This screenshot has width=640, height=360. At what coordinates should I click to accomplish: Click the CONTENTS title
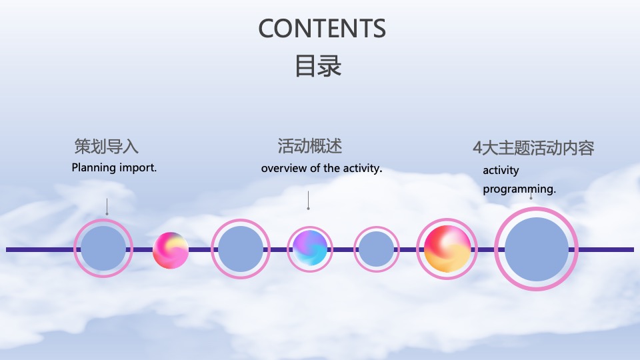[x=322, y=29]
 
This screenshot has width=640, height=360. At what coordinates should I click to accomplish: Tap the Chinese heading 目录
[x=318, y=67]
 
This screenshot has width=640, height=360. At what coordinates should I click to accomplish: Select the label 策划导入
[x=107, y=147]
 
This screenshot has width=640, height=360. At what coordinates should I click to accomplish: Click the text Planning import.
[x=114, y=167]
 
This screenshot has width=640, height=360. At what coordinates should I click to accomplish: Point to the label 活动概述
[x=309, y=146]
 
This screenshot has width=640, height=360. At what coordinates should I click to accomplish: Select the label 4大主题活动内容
[x=533, y=148]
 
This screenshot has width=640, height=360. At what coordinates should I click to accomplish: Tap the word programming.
[x=519, y=189]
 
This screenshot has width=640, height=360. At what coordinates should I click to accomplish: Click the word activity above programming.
[x=501, y=170]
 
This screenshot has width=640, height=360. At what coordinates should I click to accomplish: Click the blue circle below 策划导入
[x=103, y=249]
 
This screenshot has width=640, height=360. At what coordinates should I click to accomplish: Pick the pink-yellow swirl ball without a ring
[x=171, y=250]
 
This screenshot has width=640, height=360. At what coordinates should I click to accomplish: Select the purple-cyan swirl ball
[x=310, y=247]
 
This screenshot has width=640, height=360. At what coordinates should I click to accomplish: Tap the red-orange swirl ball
[x=447, y=249]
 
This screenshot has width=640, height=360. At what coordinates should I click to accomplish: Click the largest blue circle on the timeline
[x=536, y=249]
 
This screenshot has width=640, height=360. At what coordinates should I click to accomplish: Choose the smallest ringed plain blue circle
[x=376, y=249]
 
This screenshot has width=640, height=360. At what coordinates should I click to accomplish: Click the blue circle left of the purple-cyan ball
[x=241, y=249]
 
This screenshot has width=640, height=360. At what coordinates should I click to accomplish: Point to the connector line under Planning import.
[x=107, y=206]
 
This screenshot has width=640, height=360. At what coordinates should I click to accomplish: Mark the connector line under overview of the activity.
[x=308, y=200]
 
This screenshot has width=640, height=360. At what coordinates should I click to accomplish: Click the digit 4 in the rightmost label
[x=477, y=148]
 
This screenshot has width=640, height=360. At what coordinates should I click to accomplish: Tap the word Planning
[x=93, y=167]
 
